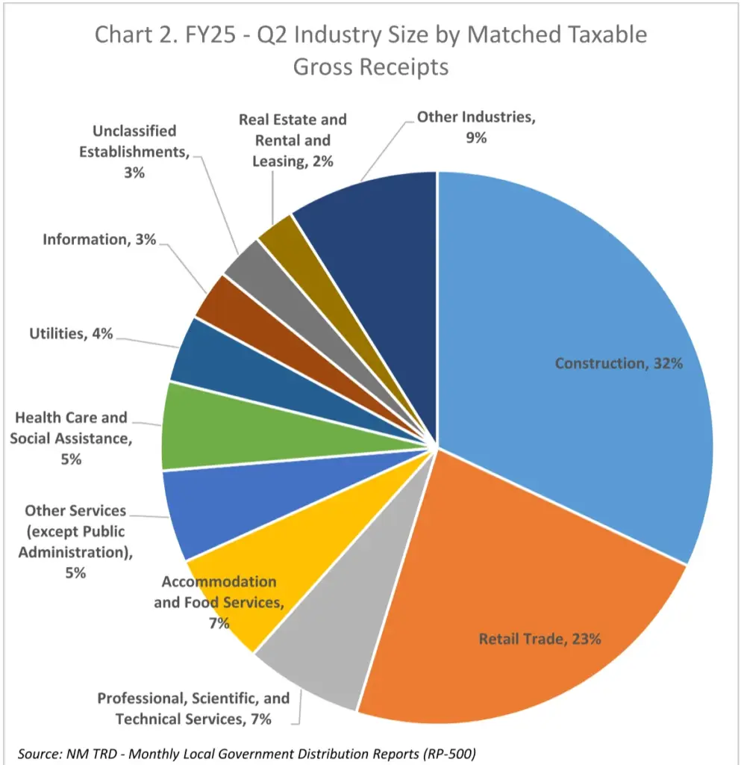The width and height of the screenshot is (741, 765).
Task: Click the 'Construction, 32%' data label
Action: [619, 364]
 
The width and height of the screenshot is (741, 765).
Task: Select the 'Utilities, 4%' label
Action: [72, 334]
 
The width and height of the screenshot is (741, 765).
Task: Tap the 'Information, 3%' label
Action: [99, 240]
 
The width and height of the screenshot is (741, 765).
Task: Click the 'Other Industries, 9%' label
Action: [476, 127]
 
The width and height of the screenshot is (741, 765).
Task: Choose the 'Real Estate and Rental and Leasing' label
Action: [293, 140]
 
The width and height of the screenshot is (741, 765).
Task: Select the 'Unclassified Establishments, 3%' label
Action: [134, 152]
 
